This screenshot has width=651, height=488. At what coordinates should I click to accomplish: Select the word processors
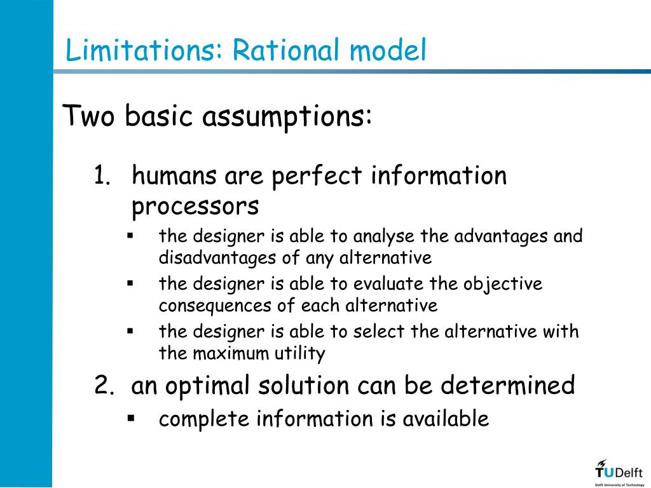click(x=195, y=207)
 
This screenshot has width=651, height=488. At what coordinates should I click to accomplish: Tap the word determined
click(x=508, y=386)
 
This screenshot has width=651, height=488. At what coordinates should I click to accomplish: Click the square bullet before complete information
click(x=131, y=418)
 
